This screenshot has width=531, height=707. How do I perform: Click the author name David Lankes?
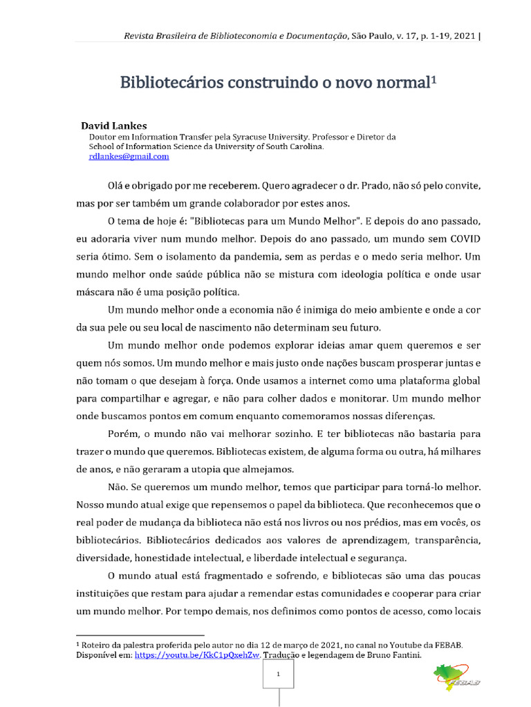click(x=114, y=126)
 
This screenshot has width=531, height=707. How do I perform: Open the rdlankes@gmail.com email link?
click(x=129, y=157)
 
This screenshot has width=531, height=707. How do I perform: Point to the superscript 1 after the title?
click(x=434, y=79)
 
